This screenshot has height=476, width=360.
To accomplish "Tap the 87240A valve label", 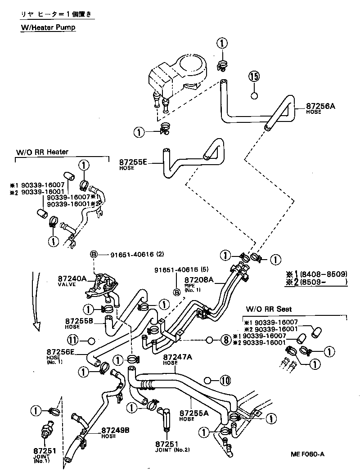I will (72, 279).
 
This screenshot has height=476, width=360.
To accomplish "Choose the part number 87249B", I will (115, 430).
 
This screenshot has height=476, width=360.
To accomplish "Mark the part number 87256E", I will (60, 352).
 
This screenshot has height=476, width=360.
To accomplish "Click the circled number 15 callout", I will (254, 76).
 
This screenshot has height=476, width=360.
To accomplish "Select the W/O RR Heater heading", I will (43, 152).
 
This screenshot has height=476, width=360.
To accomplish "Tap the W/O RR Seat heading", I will (269, 309).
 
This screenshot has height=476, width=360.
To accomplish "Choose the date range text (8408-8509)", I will (328, 274).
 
